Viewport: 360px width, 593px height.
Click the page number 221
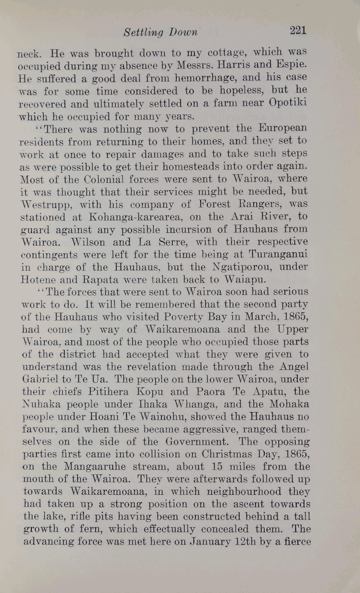pos(298,30)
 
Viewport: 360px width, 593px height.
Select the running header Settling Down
pos(160,32)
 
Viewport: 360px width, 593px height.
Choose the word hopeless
pos(227,91)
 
